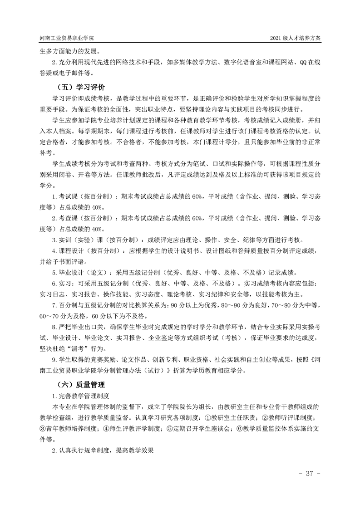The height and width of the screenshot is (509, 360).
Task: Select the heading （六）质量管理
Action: (80, 385)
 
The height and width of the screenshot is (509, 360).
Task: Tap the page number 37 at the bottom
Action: (310, 474)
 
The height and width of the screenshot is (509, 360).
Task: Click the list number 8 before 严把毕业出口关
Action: (54, 327)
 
